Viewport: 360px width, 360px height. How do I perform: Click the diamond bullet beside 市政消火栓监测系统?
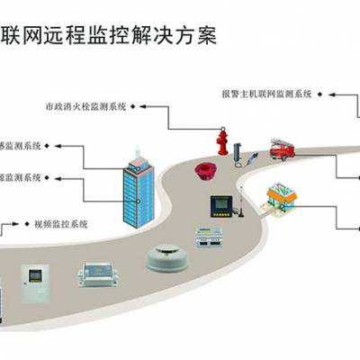[134, 105]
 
